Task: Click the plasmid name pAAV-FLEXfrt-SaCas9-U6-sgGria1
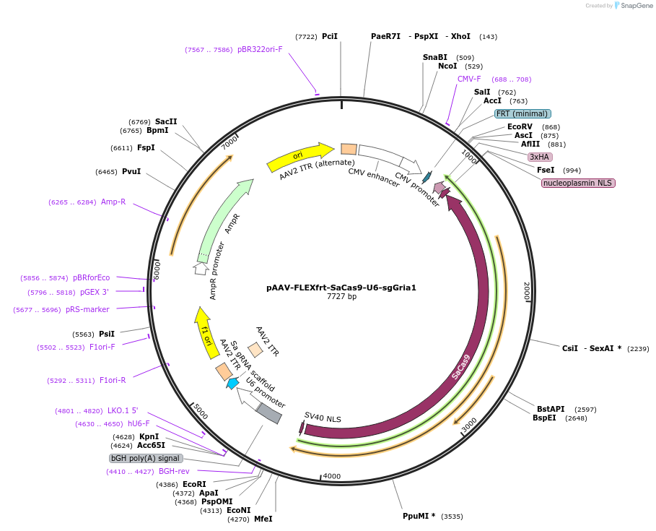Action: (x=341, y=287)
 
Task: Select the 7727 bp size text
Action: (x=341, y=296)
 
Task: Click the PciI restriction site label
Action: (x=329, y=36)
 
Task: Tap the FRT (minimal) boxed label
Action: (x=522, y=113)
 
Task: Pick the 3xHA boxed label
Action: (x=540, y=157)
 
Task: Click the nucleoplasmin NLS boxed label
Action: (x=578, y=183)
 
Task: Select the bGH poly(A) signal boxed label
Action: (x=146, y=458)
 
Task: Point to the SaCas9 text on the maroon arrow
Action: (x=461, y=366)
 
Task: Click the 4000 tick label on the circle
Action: (x=331, y=476)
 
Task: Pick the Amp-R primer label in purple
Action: (x=113, y=202)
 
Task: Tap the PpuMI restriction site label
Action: (x=419, y=517)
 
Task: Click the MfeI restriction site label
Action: (x=263, y=519)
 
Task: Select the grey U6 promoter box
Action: (x=269, y=413)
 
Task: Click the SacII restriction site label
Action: (x=166, y=121)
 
